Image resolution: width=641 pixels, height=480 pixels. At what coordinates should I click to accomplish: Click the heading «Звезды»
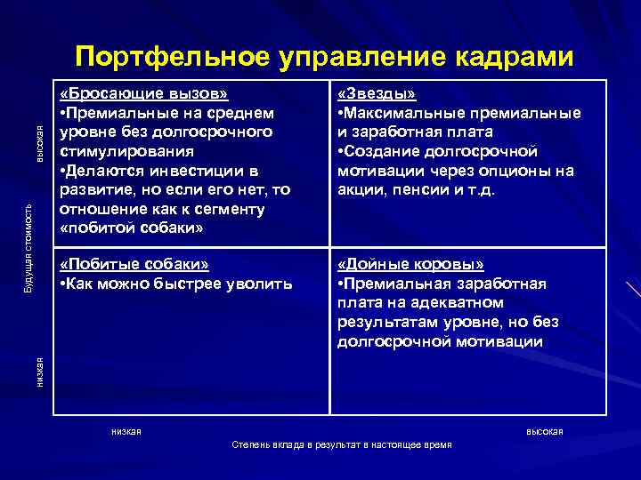pos(377,95)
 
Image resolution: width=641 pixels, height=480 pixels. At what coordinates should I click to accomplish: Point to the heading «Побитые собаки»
pos(134,265)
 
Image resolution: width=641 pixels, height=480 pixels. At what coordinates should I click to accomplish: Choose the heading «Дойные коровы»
pos(411,265)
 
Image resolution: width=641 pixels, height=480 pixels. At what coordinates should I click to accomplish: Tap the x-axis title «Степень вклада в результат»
pos(341,444)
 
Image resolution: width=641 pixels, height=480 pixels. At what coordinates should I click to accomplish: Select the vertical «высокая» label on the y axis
pos(40,145)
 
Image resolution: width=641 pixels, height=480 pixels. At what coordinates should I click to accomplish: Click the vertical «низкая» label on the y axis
pos(40,370)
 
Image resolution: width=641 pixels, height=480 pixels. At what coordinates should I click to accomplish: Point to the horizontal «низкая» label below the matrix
pos(126,431)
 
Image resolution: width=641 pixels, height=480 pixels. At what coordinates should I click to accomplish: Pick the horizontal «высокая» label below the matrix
pos(544,431)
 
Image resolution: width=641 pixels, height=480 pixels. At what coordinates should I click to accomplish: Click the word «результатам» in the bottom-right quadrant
pos(386,323)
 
